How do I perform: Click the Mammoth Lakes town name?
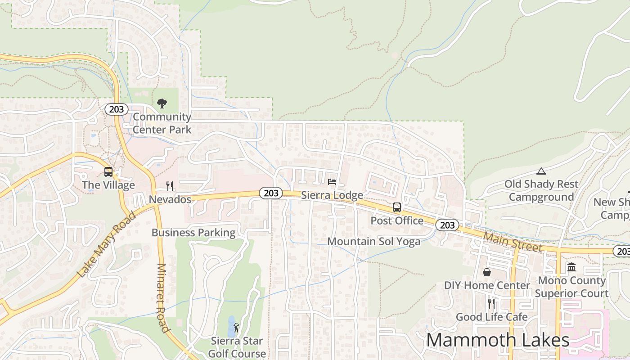[498, 340]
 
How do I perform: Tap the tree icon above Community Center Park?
[162, 104]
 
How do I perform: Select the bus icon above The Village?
[108, 171]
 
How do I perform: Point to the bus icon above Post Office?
[396, 207]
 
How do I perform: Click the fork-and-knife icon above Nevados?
[170, 186]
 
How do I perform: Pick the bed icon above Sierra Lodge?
[332, 182]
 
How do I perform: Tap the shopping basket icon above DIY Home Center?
[486, 272]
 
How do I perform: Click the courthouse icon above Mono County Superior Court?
[571, 267]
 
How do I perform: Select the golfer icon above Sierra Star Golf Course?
[236, 328]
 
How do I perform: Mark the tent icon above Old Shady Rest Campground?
[541, 171]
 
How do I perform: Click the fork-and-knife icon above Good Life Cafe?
[491, 304]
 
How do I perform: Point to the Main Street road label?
[513, 242]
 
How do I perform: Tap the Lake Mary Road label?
[106, 244]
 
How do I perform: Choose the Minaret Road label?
[162, 297]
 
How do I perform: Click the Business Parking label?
[193, 233]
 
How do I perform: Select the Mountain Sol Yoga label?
[373, 241]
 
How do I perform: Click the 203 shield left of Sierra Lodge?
[271, 193]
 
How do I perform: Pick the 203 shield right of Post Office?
[447, 225]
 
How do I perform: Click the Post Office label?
[397, 220]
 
